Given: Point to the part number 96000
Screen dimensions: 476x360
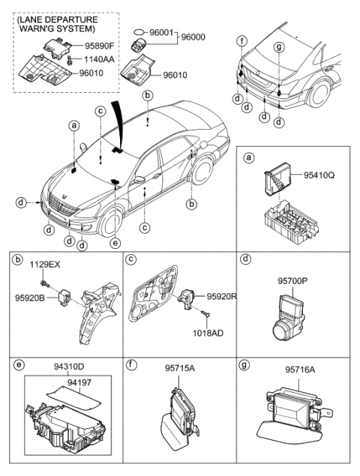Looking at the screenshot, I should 193,35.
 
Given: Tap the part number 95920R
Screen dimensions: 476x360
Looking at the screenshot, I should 222,295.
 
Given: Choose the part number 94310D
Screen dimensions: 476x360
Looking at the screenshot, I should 69,367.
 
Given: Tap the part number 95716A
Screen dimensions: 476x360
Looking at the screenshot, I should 300,369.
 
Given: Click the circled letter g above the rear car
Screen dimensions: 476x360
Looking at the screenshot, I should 280,46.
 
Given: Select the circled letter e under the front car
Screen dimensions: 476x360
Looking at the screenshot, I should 114,242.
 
